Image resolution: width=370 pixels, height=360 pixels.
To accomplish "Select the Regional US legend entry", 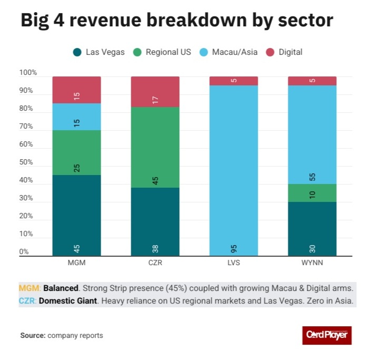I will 163,52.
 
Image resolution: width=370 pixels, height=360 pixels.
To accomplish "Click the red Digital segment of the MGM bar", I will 76,90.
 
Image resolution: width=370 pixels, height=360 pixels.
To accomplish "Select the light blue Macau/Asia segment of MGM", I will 76,116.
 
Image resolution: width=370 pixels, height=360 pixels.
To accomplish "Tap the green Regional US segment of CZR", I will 155,148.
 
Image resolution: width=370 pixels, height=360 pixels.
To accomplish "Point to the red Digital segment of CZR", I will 155,92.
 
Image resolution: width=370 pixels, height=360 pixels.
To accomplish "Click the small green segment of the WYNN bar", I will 312,193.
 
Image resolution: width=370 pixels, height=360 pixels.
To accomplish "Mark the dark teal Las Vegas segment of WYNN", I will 312,229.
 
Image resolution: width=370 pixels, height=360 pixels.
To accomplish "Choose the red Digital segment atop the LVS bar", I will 233,81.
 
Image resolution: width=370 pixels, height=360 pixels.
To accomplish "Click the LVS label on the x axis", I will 233,262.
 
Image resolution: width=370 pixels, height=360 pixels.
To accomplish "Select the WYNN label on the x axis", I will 312,262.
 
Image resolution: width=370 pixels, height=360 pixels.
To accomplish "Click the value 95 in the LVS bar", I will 233,248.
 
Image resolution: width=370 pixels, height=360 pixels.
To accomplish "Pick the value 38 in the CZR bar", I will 155,248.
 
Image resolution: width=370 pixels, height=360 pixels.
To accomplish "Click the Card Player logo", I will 326,335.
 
